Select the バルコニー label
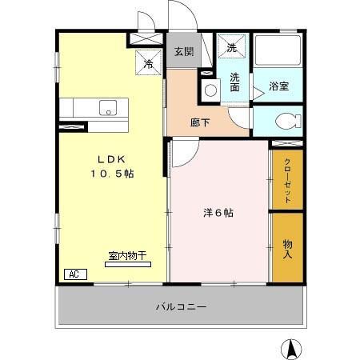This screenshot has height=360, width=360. (x=181, y=306)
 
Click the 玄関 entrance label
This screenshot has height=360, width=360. (x=183, y=52)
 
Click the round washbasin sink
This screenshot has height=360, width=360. (x=210, y=90)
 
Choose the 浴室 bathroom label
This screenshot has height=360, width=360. (x=278, y=86)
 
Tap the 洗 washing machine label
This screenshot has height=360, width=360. (x=232, y=47)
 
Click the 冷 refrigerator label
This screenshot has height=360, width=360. (x=149, y=63)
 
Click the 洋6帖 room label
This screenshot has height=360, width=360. (x=218, y=213)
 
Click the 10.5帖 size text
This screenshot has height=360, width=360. (x=110, y=173)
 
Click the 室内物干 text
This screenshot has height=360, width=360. (x=127, y=256)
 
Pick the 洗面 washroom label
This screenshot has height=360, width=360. (x=234, y=82)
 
